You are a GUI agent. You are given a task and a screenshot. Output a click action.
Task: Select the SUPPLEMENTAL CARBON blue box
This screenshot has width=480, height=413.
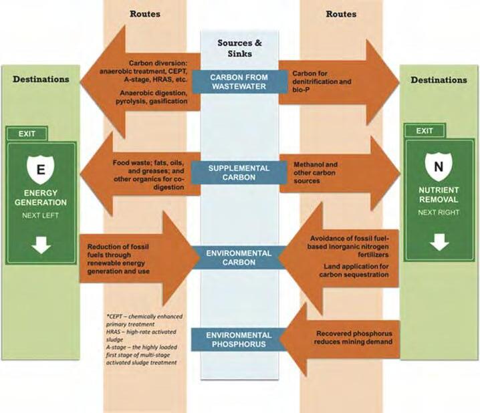pos(239,172)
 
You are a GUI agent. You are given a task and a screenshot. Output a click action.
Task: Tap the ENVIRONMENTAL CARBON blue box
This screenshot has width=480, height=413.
pos(239,258)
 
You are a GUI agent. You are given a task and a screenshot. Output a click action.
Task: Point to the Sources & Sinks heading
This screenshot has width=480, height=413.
pos(239,49)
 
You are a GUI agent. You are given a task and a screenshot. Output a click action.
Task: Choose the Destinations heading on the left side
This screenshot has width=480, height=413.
pos(41,80)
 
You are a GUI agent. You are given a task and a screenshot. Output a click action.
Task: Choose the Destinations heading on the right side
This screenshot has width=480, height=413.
pos(439,80)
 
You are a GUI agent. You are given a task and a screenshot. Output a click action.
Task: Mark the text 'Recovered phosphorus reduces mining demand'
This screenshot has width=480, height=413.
pos(352,337)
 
